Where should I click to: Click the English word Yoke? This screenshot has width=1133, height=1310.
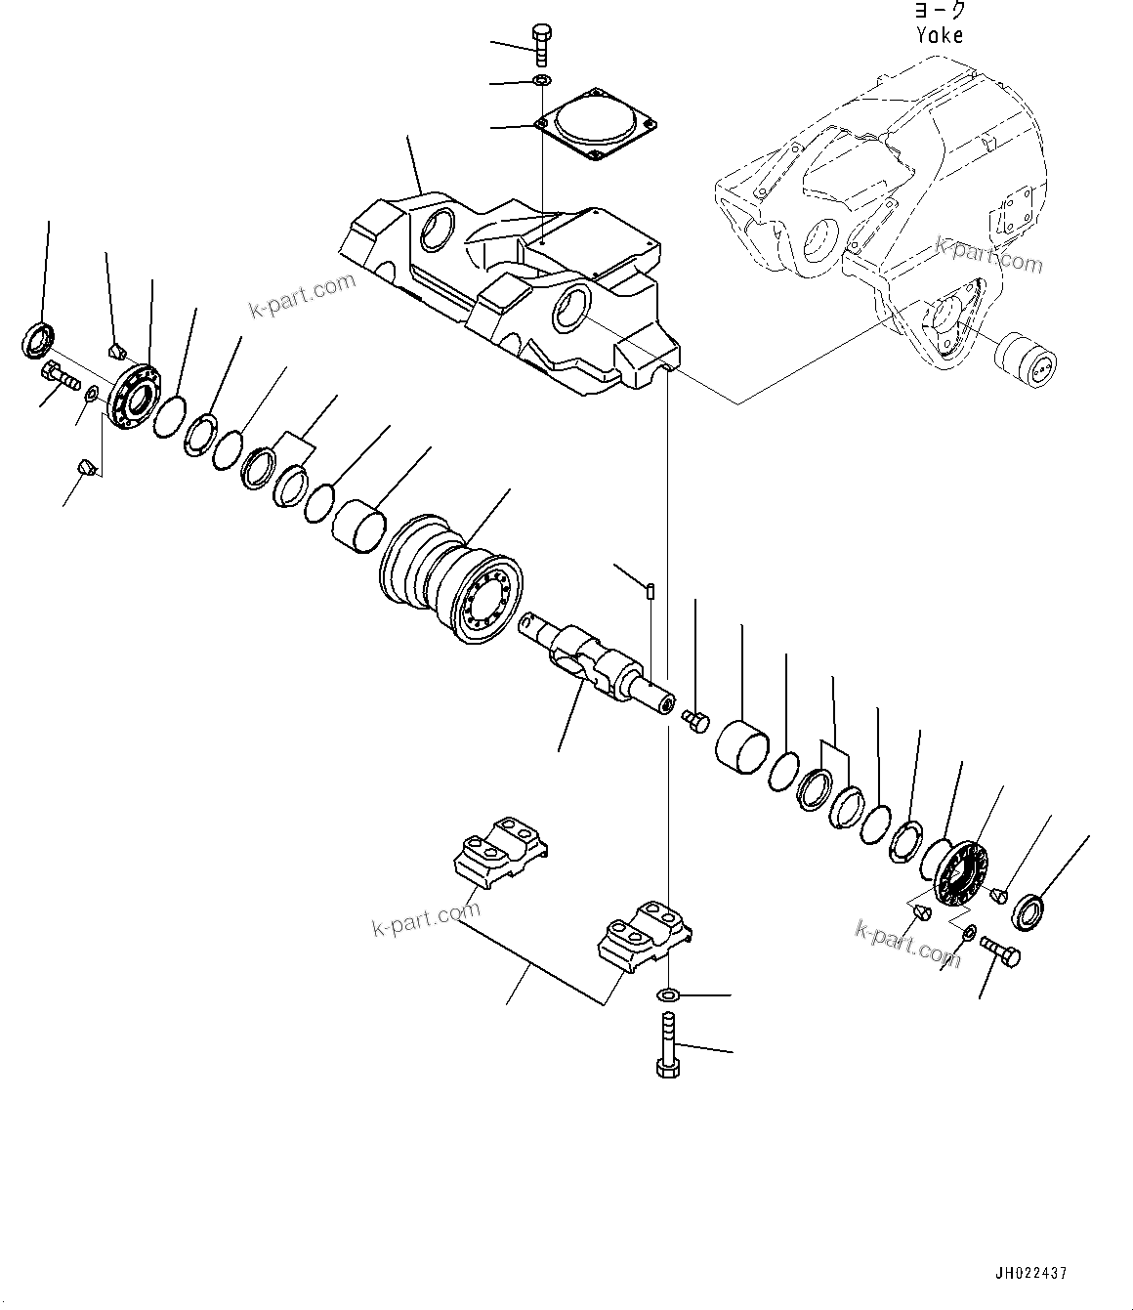pyautogui.click(x=940, y=35)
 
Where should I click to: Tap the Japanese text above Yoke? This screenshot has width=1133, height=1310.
pyautogui.click(x=940, y=11)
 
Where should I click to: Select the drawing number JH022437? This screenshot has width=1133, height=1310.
pyautogui.click(x=1031, y=1274)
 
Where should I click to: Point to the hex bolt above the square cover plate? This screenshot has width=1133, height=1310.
pyautogui.click(x=542, y=45)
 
